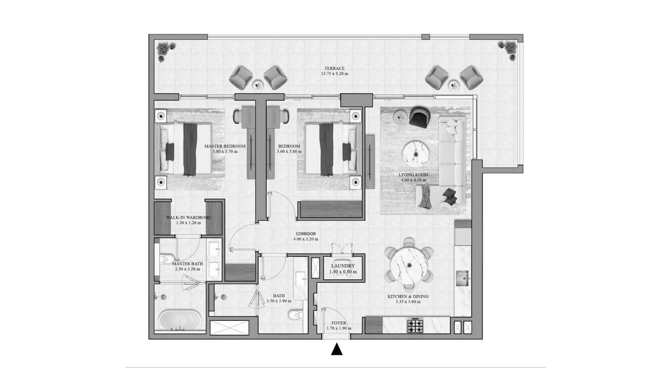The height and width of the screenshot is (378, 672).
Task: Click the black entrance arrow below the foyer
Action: [337, 349]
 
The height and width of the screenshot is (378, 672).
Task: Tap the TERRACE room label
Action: [334, 69]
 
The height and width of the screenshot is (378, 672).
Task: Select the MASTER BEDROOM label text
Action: [225, 146]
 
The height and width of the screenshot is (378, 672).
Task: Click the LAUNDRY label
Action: [343, 266]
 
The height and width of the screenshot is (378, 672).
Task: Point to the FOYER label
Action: [339, 323]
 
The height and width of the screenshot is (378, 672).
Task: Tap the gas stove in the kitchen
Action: [415, 325]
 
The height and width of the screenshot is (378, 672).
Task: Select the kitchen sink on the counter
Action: [463, 279]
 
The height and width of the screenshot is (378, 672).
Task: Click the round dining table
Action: [408, 265]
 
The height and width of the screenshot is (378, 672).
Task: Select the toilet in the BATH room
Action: [296, 315]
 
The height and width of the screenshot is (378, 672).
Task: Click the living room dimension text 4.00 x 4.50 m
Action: [413, 180]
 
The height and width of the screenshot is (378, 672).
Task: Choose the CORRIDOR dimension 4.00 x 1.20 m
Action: [306, 239]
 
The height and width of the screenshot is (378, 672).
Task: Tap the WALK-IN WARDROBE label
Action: [188, 217]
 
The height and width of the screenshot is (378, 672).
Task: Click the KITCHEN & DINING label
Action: [408, 296]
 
